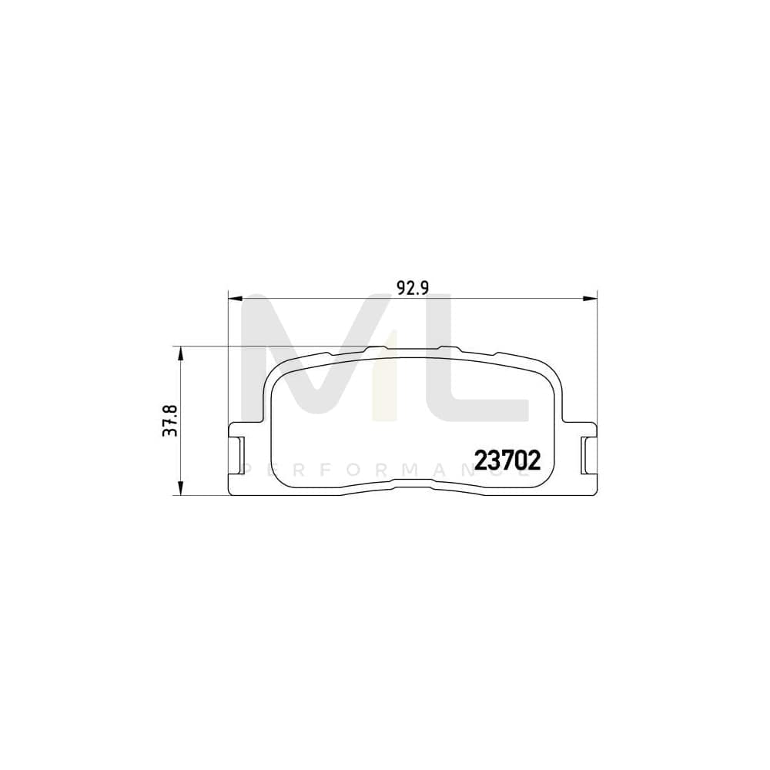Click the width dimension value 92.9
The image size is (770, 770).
(x=412, y=287)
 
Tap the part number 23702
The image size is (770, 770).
(x=508, y=460)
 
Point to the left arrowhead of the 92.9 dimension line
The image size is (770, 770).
(x=236, y=297)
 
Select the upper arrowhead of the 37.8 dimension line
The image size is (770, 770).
(x=180, y=353)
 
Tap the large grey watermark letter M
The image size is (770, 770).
(x=308, y=362)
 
